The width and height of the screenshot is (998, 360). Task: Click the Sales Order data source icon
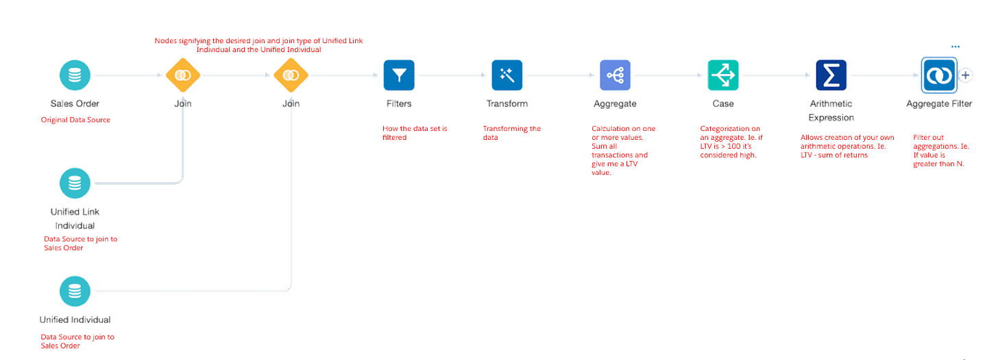(74, 75)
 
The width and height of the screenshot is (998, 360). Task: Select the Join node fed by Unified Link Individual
(182, 75)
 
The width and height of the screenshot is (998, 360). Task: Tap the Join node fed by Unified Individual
(291, 75)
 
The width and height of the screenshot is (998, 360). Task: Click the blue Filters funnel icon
(399, 75)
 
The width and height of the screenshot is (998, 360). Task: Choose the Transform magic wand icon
(507, 75)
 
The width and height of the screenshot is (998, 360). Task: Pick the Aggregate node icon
(615, 75)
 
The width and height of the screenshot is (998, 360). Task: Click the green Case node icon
(723, 75)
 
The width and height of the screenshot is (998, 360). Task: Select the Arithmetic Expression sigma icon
(831, 75)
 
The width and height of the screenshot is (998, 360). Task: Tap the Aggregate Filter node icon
(938, 75)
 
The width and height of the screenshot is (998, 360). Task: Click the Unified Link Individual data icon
(74, 183)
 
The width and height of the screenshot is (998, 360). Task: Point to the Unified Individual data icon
(74, 291)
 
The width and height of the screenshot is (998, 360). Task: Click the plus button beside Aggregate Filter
(966, 75)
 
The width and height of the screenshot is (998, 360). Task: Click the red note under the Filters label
(415, 132)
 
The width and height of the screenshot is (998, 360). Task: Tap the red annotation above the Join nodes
(258, 45)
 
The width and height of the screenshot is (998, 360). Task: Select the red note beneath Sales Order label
(75, 120)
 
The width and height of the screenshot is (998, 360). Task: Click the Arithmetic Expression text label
(831, 110)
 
